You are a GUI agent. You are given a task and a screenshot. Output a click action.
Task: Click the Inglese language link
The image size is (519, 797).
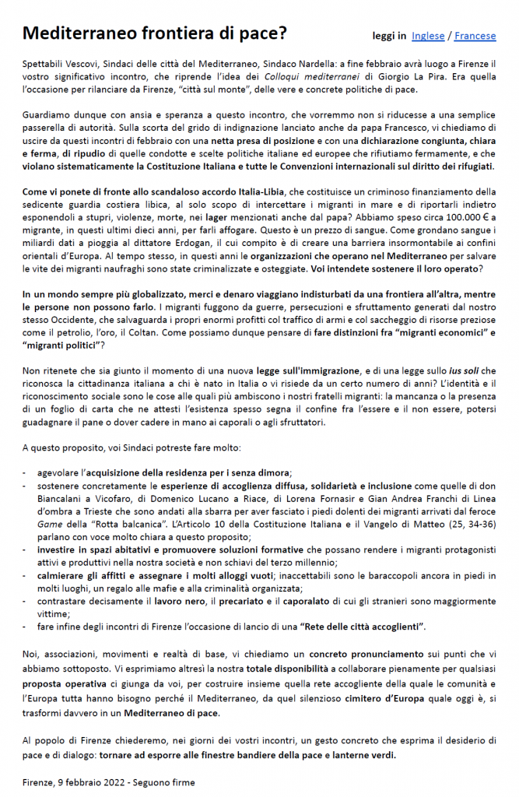point(428,36)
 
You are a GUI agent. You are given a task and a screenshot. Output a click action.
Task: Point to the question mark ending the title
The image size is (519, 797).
point(283,33)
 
